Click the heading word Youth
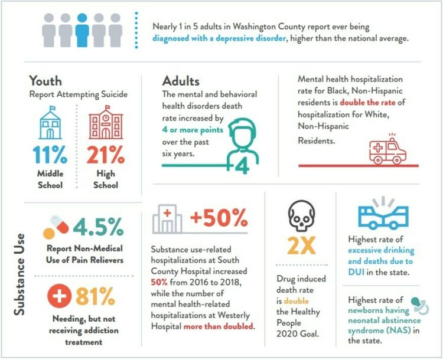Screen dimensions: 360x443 [x=46, y=81]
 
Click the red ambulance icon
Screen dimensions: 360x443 [x=386, y=151]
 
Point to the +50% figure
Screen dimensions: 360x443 [x=219, y=219]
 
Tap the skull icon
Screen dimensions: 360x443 [x=300, y=214]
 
